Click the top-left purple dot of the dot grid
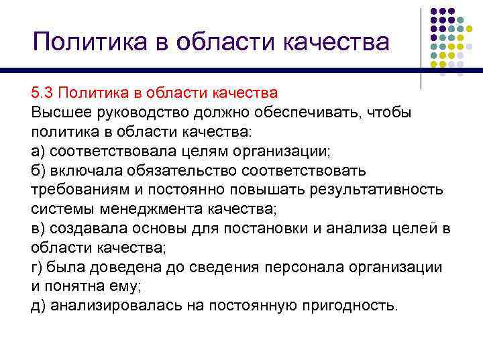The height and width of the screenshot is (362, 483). point(434,12)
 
